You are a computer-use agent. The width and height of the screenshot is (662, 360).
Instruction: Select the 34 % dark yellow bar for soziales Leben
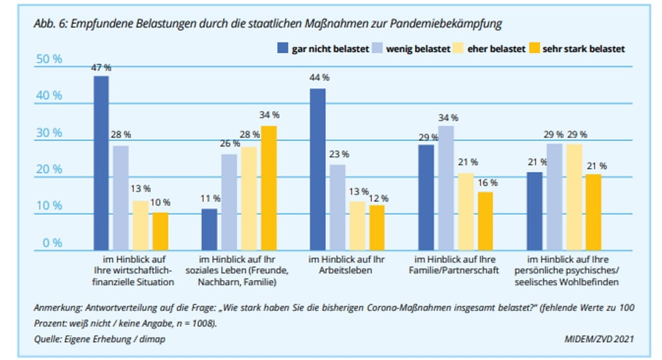click(x=269, y=188)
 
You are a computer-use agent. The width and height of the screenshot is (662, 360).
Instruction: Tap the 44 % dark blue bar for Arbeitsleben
click(x=318, y=169)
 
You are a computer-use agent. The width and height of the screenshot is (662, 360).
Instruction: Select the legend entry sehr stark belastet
click(x=583, y=48)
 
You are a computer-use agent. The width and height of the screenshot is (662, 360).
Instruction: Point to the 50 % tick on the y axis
click(x=48, y=59)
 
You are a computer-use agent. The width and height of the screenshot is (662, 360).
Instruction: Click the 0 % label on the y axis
click(x=50, y=243)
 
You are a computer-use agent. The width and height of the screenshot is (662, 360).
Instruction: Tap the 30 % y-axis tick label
click(x=48, y=132)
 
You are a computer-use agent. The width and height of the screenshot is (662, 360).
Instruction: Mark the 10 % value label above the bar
click(x=160, y=202)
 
